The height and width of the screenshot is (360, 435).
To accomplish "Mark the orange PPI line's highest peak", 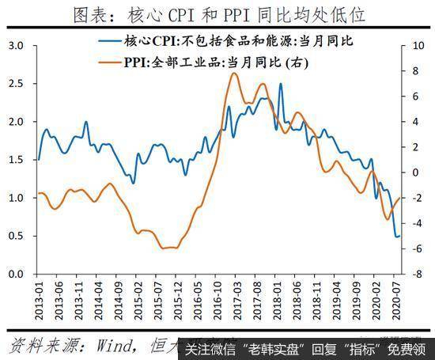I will point(233,73).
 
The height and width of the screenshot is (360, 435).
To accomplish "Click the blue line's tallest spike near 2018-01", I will point(280,84).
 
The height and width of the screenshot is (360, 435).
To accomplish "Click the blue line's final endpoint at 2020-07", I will point(399,236).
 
